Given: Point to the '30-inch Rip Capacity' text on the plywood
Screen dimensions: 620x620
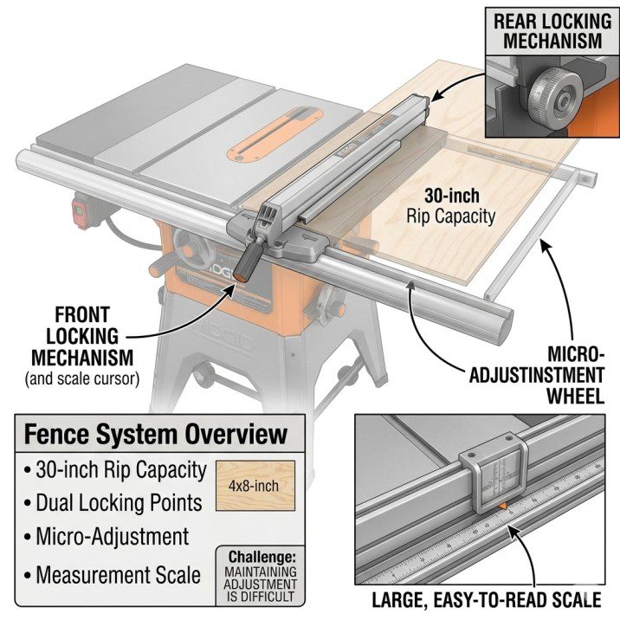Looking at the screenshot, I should click(450, 205).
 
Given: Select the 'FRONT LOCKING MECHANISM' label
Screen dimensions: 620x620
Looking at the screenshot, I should click(82, 334).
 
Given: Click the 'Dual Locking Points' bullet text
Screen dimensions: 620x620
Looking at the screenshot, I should click(118, 503).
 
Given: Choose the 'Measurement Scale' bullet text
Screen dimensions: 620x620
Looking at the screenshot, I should click(118, 573).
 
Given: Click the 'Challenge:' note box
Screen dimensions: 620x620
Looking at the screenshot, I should click(259, 576).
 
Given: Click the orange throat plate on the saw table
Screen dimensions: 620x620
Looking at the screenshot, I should click(264, 140).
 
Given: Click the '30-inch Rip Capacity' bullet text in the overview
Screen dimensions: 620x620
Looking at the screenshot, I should click(120, 470).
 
